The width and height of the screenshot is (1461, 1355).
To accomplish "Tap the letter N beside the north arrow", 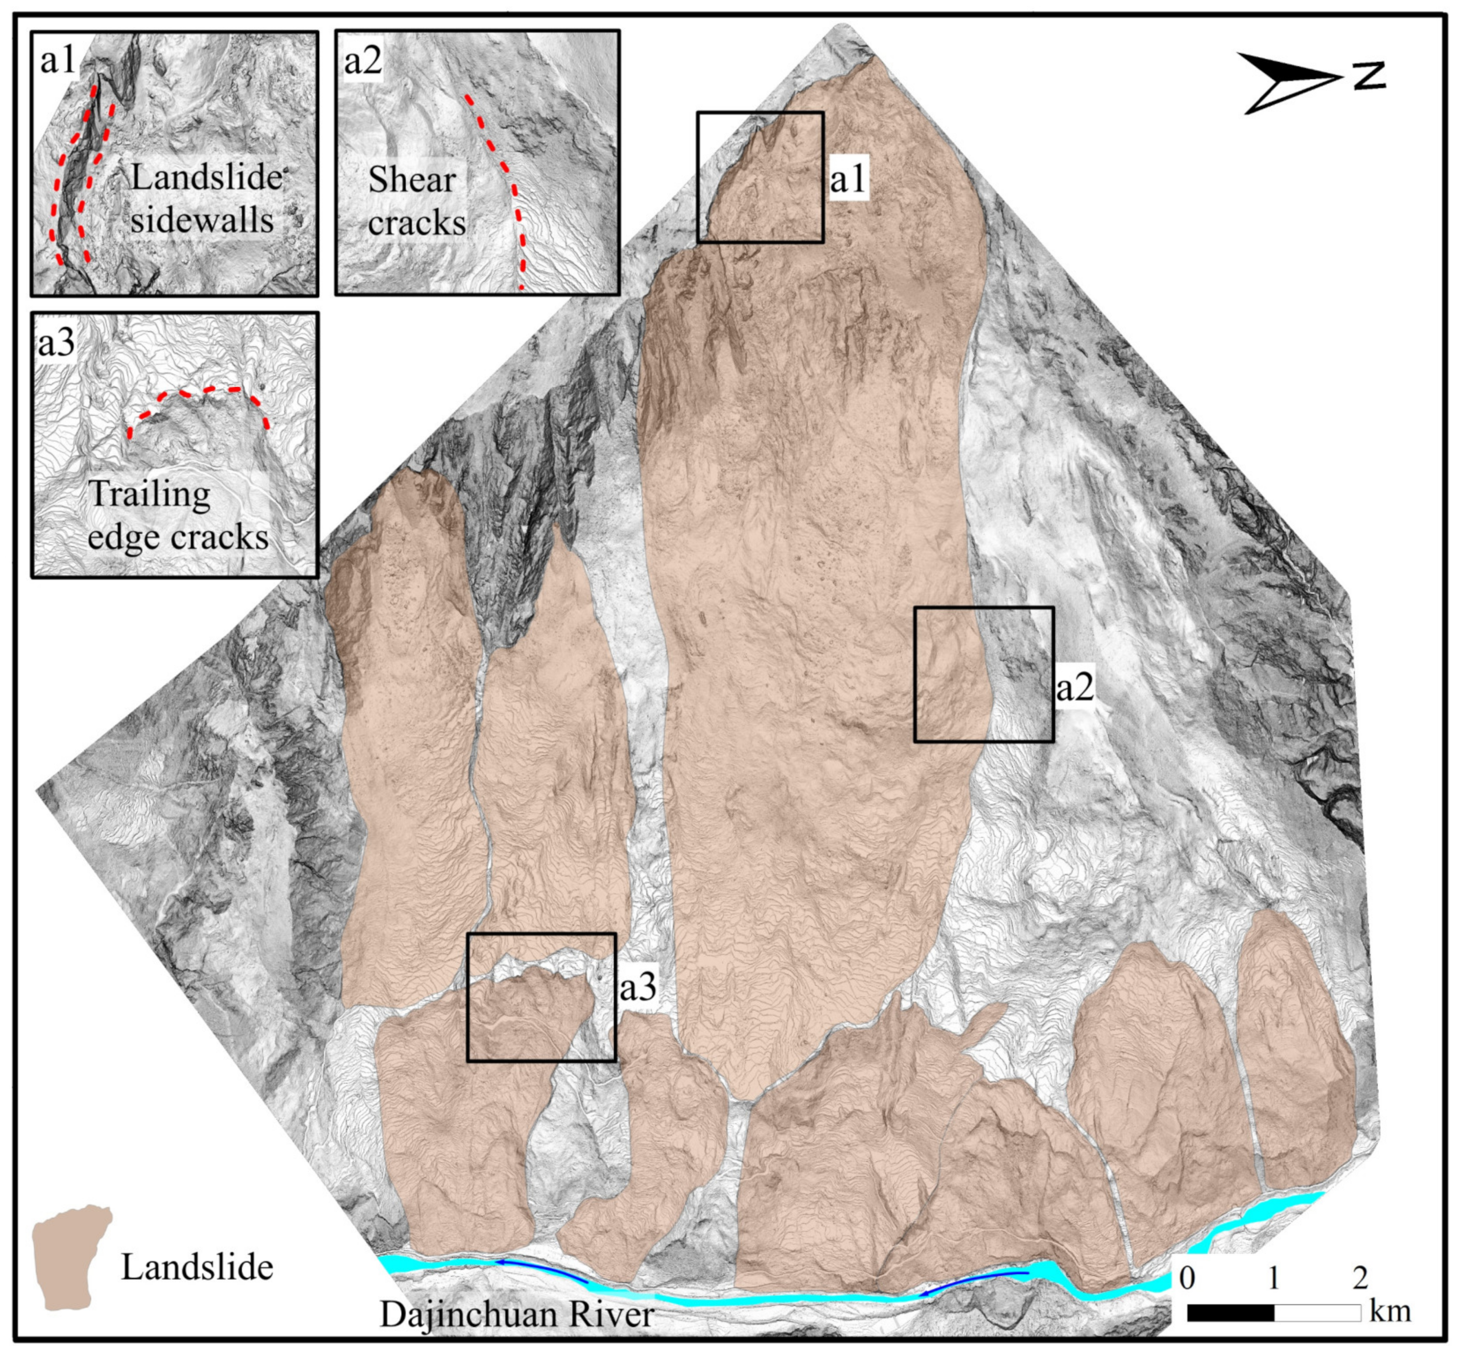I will tap(1368, 75).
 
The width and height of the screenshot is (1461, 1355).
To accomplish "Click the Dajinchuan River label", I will tap(517, 1313).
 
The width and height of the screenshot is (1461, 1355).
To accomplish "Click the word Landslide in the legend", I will tap(196, 1267).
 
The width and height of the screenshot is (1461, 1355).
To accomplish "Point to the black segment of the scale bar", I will tap(1230, 1312).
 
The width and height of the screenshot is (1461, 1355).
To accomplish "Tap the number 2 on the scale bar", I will tap(1360, 1278).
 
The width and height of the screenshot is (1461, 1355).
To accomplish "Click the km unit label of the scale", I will tap(1390, 1311).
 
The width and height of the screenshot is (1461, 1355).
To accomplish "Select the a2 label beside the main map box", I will tap(1075, 686).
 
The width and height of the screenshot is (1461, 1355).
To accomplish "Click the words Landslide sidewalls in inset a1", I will tap(204, 199).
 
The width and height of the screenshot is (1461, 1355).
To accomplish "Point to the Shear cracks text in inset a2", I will tap(415, 201).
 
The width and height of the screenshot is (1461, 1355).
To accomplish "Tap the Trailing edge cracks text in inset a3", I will tap(176, 515).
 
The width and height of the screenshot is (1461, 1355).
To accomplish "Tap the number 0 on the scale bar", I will tap(1187, 1278).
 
